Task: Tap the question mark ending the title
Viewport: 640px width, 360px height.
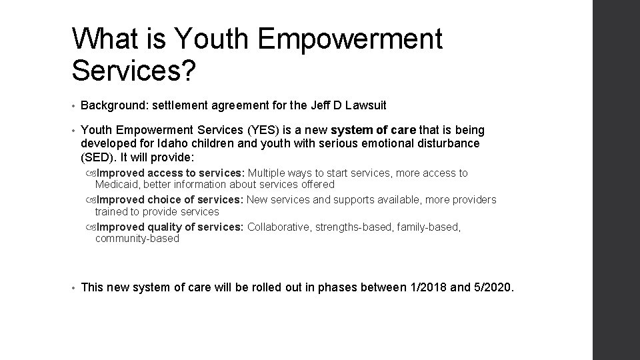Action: click(x=187, y=71)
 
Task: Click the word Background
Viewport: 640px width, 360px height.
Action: click(x=109, y=105)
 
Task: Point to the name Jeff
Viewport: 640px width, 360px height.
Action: click(x=317, y=105)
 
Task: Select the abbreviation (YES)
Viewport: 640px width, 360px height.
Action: click(x=248, y=130)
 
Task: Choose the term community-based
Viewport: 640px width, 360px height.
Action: click(x=137, y=239)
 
